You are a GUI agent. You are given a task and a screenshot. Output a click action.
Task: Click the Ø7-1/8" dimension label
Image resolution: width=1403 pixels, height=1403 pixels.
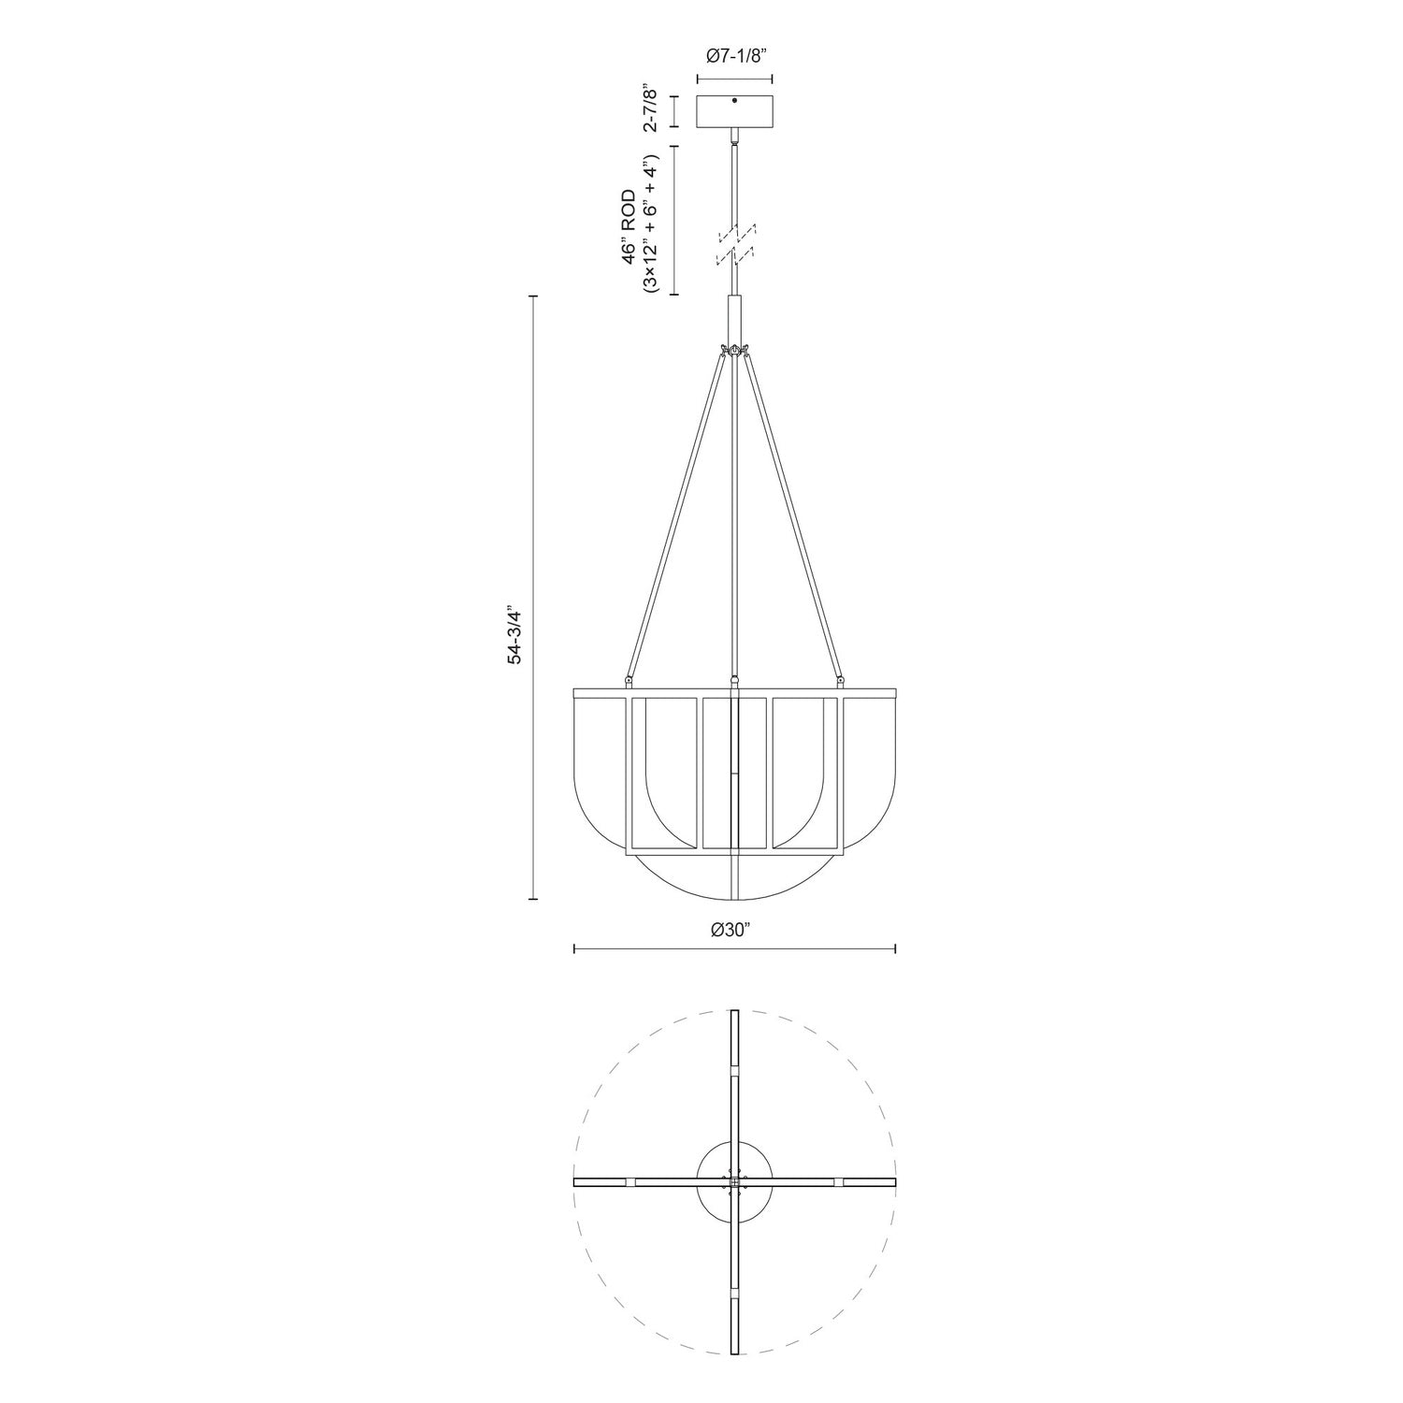pyautogui.click(x=735, y=56)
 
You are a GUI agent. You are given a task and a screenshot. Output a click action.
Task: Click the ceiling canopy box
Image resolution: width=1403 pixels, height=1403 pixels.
pyautogui.click(x=735, y=112)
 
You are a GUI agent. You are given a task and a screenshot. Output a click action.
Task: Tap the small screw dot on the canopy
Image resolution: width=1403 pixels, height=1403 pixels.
pyautogui.click(x=735, y=100)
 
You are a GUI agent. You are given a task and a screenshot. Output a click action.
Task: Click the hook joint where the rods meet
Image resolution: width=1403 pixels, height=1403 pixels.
pyautogui.click(x=735, y=351)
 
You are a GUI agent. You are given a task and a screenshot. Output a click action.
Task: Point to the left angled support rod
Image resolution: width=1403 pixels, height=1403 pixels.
pyautogui.click(x=675, y=514)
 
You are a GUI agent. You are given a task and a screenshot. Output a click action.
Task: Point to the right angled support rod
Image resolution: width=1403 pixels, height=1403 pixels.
pyautogui.click(x=793, y=514)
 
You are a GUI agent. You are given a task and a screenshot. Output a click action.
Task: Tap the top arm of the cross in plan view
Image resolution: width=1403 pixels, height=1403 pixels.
pyautogui.click(x=735, y=1076)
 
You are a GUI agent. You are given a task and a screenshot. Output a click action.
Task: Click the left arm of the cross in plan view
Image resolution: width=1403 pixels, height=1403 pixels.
pyautogui.click(x=636, y=1182)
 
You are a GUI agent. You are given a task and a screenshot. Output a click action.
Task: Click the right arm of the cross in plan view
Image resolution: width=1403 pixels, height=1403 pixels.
pyautogui.click(x=832, y=1182)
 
